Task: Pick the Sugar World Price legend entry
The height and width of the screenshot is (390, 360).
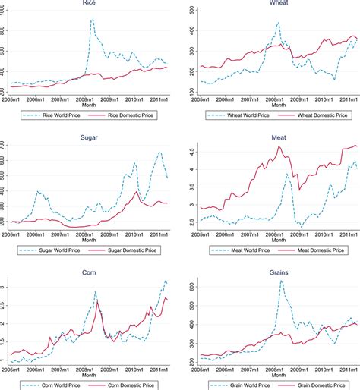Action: click(58, 248)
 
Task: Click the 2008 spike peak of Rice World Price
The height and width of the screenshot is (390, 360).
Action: click(93, 20)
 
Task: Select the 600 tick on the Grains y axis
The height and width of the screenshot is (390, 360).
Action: click(191, 288)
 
